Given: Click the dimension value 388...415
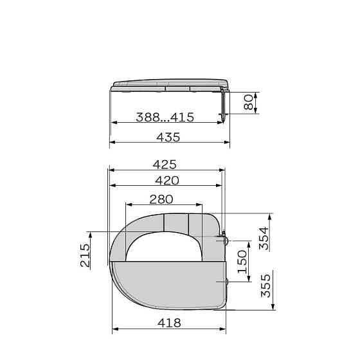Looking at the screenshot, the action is pos(165,117).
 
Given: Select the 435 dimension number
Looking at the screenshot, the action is pos(168,138).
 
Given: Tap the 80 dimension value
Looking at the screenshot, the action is pos(248,103).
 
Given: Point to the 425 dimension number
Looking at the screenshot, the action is pos(165,165).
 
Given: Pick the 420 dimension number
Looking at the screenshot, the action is pos(167,180).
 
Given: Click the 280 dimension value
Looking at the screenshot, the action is pos(161,199).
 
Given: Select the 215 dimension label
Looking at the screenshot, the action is pos(85,255).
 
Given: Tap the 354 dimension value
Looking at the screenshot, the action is pos(264,239).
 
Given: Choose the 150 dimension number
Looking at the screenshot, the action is pos(242,262).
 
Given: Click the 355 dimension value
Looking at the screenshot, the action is pos(266,286).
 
